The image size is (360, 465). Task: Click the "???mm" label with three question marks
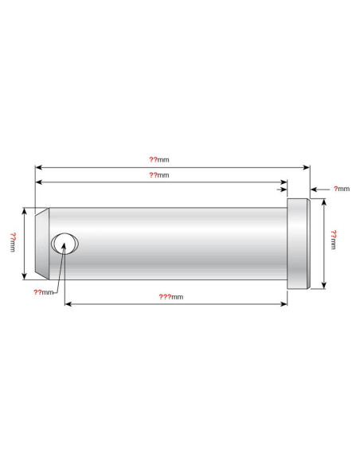(x=170, y=297)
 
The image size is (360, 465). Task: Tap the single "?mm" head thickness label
(x=342, y=189)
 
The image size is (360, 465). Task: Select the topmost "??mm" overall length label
(x=159, y=160)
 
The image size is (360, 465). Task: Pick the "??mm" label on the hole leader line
(x=43, y=292)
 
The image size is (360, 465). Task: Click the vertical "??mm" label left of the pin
(x=13, y=242)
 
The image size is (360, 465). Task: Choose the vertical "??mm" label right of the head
(x=333, y=240)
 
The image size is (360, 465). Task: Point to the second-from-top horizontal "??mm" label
(x=159, y=175)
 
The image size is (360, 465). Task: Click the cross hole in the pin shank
(x=65, y=244)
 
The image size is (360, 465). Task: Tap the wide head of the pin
(x=299, y=244)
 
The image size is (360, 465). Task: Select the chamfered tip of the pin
(x=42, y=244)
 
